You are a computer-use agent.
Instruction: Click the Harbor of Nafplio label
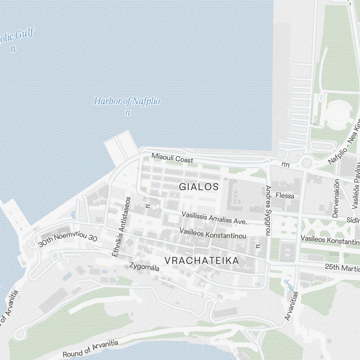(x=127, y=101)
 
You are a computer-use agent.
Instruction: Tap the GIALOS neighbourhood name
(x=199, y=187)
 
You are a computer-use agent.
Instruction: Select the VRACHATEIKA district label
(x=202, y=261)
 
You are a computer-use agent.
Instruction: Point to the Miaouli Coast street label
(x=172, y=158)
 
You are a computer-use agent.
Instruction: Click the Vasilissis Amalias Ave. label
(x=214, y=218)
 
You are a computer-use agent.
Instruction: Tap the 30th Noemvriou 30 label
(x=68, y=236)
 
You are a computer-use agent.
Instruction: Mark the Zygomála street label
(x=144, y=267)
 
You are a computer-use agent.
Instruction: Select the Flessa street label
(x=285, y=196)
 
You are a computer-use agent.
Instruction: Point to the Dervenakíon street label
(x=336, y=198)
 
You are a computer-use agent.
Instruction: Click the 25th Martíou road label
(x=342, y=268)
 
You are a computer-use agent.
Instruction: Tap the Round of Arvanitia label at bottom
(x=90, y=348)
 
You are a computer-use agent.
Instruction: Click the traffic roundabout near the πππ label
(x=307, y=163)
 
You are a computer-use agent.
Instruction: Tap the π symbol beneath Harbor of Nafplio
(x=127, y=113)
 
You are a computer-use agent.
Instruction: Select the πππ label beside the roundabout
(x=286, y=164)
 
